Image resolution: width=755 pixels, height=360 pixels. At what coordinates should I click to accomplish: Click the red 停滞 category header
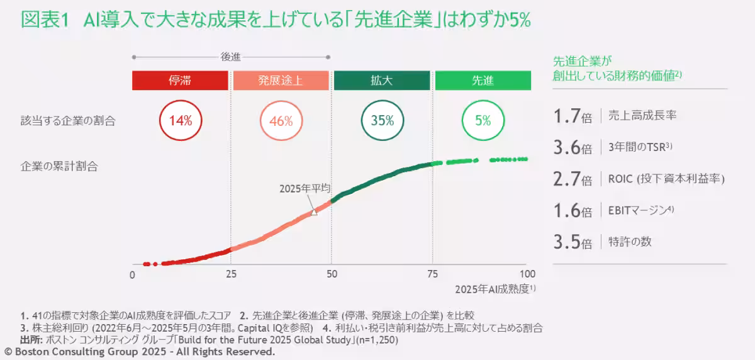coord(180,81)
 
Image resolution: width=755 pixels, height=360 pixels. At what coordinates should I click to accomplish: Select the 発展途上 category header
coord(281,81)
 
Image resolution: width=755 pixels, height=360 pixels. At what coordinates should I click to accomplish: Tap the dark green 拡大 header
coord(382,81)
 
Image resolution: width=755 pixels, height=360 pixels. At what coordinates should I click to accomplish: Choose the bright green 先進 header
coord(483,81)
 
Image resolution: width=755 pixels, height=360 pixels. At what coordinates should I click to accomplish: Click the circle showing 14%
coord(180,120)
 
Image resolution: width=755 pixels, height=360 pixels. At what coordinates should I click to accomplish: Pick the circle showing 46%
coord(281,120)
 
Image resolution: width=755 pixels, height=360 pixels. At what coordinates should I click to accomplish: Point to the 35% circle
coord(382,120)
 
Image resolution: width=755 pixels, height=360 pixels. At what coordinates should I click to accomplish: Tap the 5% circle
coord(483,120)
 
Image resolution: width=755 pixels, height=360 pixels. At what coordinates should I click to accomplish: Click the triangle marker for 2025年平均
coord(314,212)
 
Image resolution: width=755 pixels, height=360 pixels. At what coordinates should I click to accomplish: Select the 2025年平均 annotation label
coord(305,188)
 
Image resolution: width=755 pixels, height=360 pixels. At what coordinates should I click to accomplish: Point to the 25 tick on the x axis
coord(232,274)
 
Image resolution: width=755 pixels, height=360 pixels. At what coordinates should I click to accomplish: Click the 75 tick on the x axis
coord(432,274)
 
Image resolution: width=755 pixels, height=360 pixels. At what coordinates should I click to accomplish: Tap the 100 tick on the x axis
coord(527,274)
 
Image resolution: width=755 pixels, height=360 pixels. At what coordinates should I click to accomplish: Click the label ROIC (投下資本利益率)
coord(666,179)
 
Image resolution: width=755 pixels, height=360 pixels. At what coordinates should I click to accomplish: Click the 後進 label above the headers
coord(230,57)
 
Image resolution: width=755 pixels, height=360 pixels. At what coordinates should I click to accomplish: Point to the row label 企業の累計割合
coord(59,167)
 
